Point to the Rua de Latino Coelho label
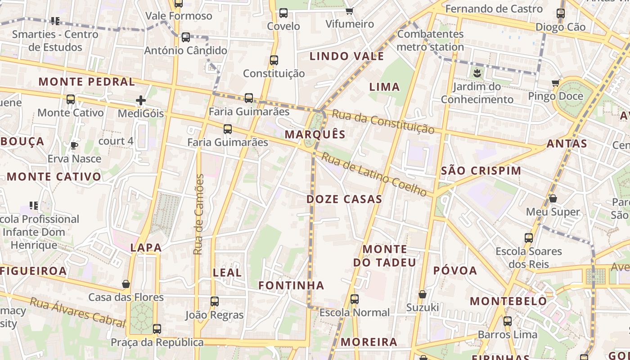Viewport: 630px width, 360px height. [x=374, y=174]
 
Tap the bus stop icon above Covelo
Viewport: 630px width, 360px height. [x=283, y=13]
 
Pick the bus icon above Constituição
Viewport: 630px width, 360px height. [x=274, y=60]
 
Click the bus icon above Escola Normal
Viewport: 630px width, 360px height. [x=355, y=299]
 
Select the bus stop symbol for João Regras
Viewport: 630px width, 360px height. [x=215, y=301]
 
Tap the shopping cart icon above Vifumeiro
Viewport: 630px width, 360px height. [x=350, y=11]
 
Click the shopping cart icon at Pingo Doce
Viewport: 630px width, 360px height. [x=555, y=83]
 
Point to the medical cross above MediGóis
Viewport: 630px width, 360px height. [x=141, y=100]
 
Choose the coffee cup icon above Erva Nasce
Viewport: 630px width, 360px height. [x=74, y=145]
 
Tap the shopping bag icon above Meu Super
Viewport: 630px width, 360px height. [x=553, y=198]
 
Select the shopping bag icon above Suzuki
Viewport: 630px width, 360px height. [x=422, y=294]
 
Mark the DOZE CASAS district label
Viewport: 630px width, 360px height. [x=344, y=199]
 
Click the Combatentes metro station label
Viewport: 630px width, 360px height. [x=430, y=40]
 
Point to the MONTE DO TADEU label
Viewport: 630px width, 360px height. [x=385, y=256]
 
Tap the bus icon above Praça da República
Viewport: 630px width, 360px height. [x=157, y=329]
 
